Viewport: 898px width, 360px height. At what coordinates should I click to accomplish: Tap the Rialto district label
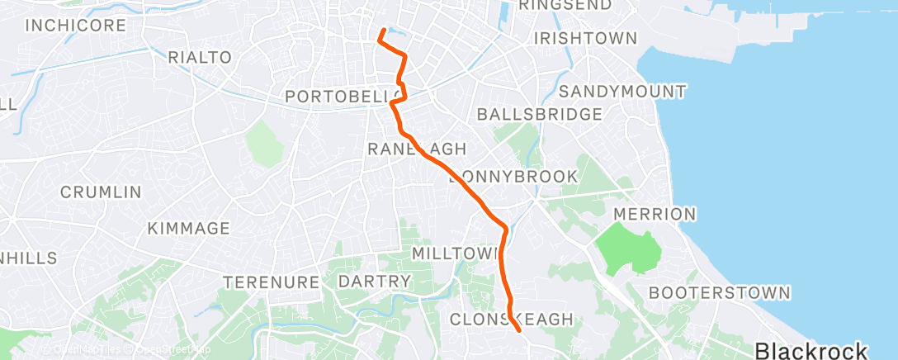pyautogui.click(x=200, y=58)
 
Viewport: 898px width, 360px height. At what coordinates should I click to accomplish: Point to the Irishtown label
pyautogui.click(x=586, y=39)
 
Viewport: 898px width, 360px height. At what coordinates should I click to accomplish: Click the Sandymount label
pyautogui.click(x=622, y=90)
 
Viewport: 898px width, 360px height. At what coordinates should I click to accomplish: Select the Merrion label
pyautogui.click(x=655, y=215)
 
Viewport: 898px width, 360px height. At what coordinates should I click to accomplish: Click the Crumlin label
pyautogui.click(x=101, y=192)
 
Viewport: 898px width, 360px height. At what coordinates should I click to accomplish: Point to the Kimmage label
pyautogui.click(x=188, y=228)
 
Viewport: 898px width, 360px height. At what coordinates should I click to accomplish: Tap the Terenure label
pyautogui.click(x=272, y=282)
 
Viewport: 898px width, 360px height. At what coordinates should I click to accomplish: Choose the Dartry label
pyautogui.click(x=374, y=282)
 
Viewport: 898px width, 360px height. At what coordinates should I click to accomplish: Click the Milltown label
pyautogui.click(x=456, y=252)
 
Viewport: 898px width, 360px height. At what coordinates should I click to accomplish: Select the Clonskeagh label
pyautogui.click(x=511, y=319)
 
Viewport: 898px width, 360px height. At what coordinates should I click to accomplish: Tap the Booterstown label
pyautogui.click(x=720, y=292)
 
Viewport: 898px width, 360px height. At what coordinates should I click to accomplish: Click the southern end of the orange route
pyautogui.click(x=519, y=330)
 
